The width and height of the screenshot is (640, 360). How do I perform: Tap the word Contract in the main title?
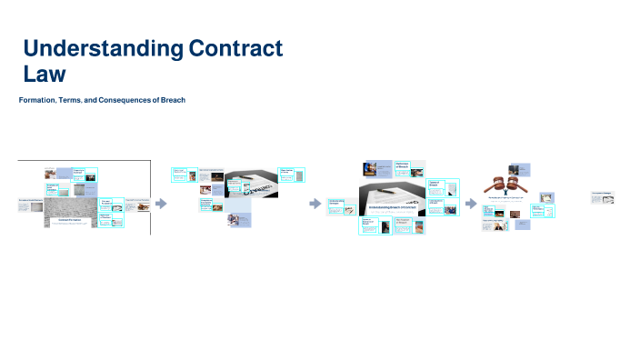click(235, 48)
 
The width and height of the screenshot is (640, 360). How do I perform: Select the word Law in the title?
click(45, 74)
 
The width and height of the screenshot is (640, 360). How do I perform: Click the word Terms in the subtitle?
click(70, 100)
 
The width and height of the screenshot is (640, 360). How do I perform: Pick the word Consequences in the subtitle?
click(122, 100)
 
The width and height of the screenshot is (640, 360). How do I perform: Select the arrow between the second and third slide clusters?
click(315, 204)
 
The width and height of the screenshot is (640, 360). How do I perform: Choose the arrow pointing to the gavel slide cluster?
click(471, 204)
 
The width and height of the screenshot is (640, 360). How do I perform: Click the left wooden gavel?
click(498, 184)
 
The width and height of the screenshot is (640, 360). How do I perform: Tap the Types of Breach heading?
click(434, 181)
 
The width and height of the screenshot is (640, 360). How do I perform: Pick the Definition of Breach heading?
click(408, 165)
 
